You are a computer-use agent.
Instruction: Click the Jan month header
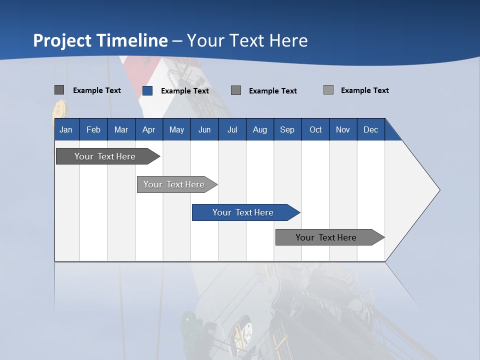point(66,129)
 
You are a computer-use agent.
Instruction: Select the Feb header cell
point(93,129)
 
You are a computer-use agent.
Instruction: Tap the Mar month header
point(121,129)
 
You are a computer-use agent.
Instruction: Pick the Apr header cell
point(149,129)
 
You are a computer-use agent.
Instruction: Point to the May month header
point(176,129)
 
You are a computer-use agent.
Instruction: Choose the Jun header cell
point(204,129)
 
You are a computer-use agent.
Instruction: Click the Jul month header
point(232,129)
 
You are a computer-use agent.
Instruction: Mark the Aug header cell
point(260,129)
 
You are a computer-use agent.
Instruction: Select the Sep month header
point(287,129)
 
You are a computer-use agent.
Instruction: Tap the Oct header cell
point(315,129)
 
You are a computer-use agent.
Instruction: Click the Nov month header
point(343,129)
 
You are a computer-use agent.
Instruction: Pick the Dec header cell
point(371,129)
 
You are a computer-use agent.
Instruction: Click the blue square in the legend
point(147,90)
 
